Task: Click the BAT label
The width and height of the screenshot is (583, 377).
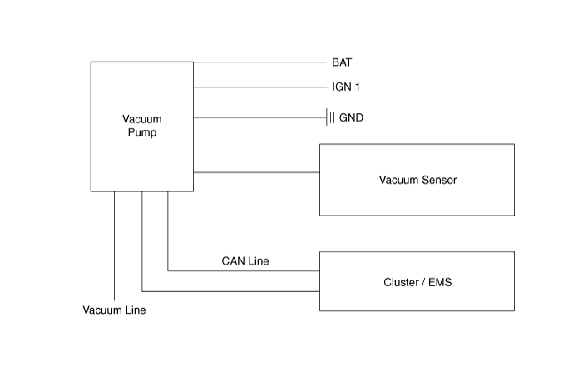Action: [x=342, y=62]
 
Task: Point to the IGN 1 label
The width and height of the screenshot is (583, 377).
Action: [x=346, y=87]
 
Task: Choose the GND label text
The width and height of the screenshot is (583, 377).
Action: [x=351, y=117]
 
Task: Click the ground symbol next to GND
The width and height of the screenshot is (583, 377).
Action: [x=331, y=117]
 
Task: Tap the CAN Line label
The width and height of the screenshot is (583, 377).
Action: [x=245, y=261]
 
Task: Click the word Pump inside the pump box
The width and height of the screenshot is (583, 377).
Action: [x=142, y=133]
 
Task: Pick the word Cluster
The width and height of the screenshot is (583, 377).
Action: [x=401, y=282]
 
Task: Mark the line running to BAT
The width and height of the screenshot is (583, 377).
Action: [x=258, y=62]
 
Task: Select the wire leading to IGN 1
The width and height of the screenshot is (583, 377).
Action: [x=258, y=87]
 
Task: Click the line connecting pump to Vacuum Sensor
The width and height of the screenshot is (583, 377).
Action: [x=256, y=172]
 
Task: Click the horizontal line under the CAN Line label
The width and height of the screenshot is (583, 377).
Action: [x=245, y=270]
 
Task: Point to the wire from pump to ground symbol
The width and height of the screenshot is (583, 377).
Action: [x=258, y=117]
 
